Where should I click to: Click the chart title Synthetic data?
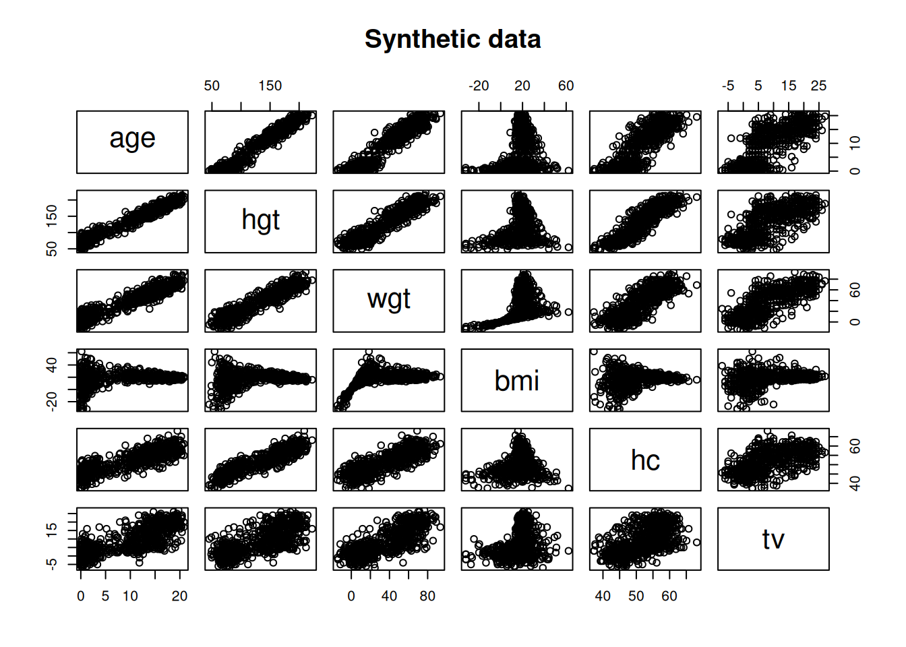tap(452, 40)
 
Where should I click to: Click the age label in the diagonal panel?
tap(132, 139)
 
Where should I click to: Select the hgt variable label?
tap(260, 220)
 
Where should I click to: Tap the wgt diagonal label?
tap(389, 299)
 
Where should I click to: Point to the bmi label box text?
tap(517, 381)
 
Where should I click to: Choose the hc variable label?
tap(645, 460)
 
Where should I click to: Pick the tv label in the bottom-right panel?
tap(773, 539)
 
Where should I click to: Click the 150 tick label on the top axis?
tap(270, 86)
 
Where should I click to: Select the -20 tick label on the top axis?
tap(479, 86)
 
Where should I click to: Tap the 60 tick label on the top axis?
tap(566, 86)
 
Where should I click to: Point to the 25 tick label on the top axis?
tap(818, 86)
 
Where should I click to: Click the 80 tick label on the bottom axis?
tap(427, 596)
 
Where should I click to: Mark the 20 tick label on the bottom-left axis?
tap(179, 596)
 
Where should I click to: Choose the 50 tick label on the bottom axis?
tap(636, 596)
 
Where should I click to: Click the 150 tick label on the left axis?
tap(52, 216)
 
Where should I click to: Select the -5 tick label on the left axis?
tap(52, 563)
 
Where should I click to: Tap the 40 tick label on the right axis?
tap(855, 483)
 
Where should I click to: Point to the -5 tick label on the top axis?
tap(728, 86)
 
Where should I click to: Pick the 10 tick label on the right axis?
tap(855, 143)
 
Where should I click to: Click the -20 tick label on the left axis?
tap(52, 402)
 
